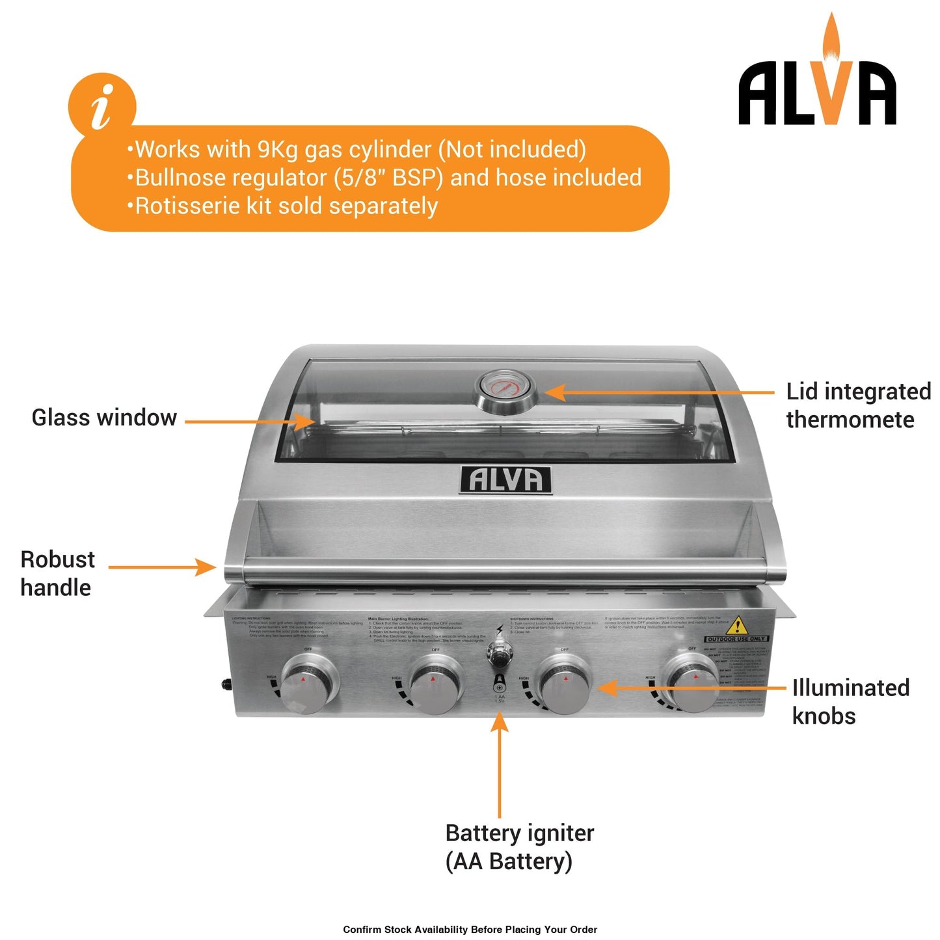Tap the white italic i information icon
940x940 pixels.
[102, 106]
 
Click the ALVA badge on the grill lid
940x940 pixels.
[505, 480]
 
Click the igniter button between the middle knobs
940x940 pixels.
[500, 651]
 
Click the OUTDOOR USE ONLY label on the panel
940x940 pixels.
[737, 639]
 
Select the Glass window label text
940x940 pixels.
[104, 418]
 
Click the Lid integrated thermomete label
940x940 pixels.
[858, 405]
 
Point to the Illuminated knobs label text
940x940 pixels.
[850, 701]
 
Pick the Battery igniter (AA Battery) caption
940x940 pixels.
[519, 847]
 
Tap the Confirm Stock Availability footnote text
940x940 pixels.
[470, 930]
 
